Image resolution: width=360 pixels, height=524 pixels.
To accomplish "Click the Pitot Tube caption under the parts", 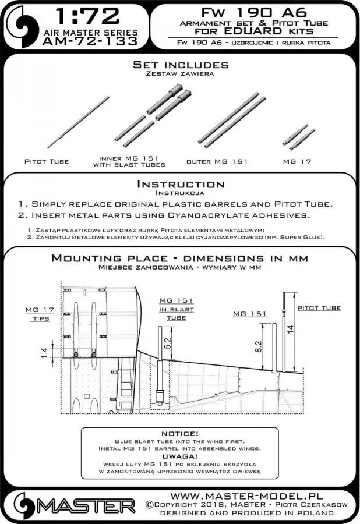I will (x=47, y=161).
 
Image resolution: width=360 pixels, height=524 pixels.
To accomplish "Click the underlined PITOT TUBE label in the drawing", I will (x=319, y=307).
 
